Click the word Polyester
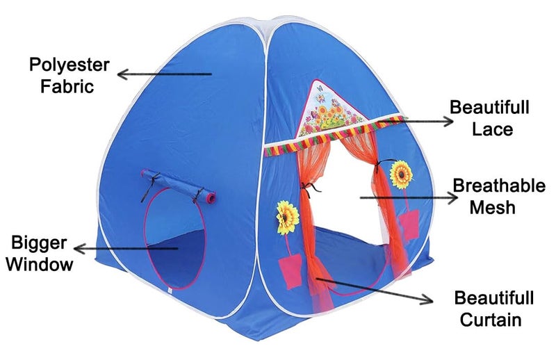coord(69,65)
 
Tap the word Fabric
coord(67,86)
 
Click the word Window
coord(40,264)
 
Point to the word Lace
coord(492,129)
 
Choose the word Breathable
coord(499,186)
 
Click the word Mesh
coord(492,208)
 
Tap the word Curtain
coord(491,320)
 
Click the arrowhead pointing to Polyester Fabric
coord(122,74)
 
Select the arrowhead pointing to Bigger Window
coord(79,249)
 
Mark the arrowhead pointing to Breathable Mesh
coord(453,198)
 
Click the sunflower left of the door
coord(287,218)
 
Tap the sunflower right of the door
coord(402,174)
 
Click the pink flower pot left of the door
coord(291,270)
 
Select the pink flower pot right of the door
coord(409,224)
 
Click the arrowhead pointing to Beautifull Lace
coord(448,122)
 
